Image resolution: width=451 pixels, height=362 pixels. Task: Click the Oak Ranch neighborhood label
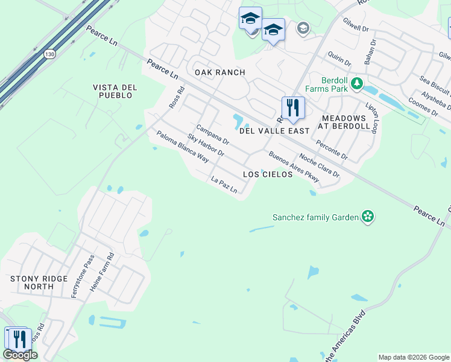[219, 72]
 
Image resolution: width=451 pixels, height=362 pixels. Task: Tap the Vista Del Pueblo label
[115, 91]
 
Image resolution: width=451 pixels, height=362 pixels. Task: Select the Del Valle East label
[274, 130]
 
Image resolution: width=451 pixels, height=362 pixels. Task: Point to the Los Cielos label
[267, 174]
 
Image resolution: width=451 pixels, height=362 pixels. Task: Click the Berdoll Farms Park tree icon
[357, 83]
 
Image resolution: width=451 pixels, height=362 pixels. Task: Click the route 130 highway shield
[49, 55]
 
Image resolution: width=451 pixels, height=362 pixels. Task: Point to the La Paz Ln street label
[224, 185]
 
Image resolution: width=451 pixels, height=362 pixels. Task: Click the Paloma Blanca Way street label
[182, 147]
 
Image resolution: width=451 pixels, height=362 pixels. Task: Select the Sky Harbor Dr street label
[206, 145]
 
